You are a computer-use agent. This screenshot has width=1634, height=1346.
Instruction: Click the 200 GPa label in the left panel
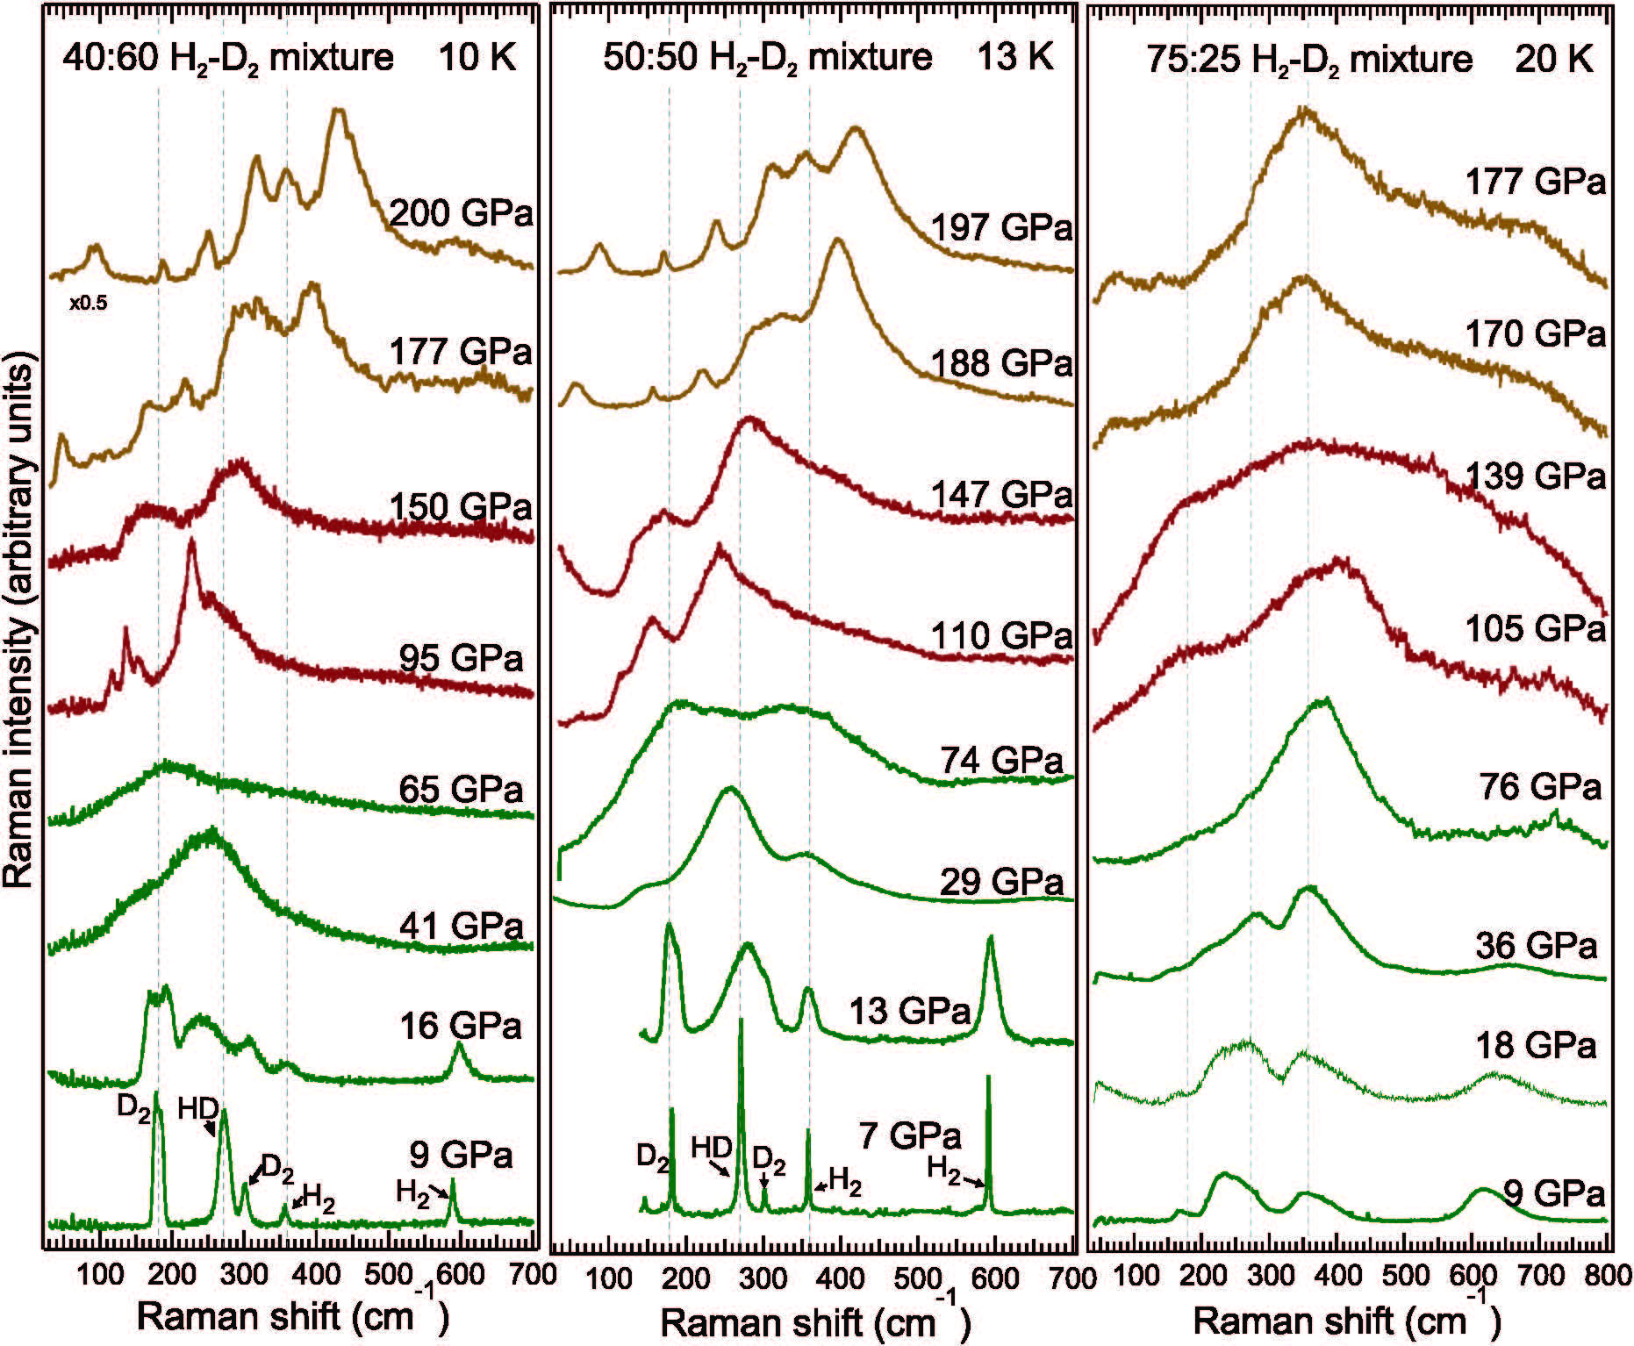pos(460,213)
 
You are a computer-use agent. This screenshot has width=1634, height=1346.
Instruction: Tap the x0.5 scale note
pos(89,304)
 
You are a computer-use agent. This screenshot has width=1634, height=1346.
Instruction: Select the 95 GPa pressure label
pos(461,658)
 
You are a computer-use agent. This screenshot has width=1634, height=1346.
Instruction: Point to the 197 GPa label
pos(1001,228)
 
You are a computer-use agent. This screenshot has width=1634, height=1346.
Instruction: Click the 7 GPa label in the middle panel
pos(910,1135)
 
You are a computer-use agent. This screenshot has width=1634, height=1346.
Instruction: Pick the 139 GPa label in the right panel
pos(1535,476)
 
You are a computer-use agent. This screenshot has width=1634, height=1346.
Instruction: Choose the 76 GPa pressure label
pos(1540,787)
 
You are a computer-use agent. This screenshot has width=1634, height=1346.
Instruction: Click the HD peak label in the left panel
pos(198,1108)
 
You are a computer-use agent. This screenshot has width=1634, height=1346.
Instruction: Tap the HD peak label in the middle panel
pos(712,1148)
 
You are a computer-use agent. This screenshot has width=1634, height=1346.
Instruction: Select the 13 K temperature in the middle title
pos(1016,58)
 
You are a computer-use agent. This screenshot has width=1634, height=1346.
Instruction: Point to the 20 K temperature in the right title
pos(1554,60)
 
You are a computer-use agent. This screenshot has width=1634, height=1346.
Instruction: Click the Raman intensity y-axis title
pos(19,623)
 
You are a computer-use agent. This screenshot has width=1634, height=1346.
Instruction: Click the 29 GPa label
pos(1001,882)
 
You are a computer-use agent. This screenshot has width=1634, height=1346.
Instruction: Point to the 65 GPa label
pos(461,790)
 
